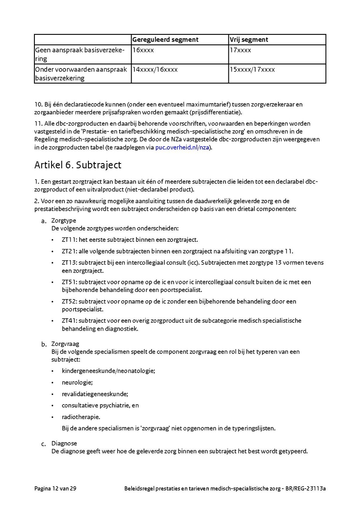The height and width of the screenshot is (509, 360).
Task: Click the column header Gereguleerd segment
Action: pos(165,40)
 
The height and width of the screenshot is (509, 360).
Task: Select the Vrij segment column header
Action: pos(248,40)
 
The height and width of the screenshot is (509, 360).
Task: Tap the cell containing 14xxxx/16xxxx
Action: pos(155,70)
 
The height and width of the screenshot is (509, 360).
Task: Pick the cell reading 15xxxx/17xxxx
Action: pos(252,70)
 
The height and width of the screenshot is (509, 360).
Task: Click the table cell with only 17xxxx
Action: pos(240,50)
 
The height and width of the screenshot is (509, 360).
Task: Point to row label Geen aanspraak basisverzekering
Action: pos(80,54)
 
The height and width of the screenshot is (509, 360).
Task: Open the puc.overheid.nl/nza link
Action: pos(182,148)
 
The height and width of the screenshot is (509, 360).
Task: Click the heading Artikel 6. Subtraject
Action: pos(78,165)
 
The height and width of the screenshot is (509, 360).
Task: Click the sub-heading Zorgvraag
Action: pos(65,344)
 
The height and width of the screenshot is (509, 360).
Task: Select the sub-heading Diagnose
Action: pos(64,443)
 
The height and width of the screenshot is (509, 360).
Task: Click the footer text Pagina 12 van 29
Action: pos(55,489)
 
